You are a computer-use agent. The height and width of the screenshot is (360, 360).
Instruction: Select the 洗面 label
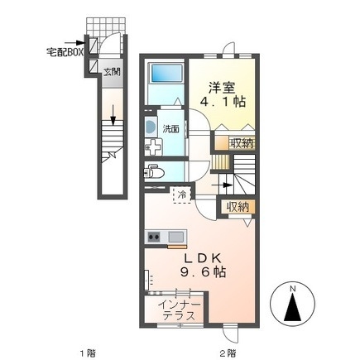click(x=170, y=129)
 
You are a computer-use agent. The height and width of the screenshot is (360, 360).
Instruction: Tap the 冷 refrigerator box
click(x=180, y=195)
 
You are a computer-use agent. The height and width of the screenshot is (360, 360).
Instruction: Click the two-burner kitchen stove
click(x=154, y=238)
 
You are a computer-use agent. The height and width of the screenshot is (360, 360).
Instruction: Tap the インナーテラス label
click(x=180, y=310)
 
